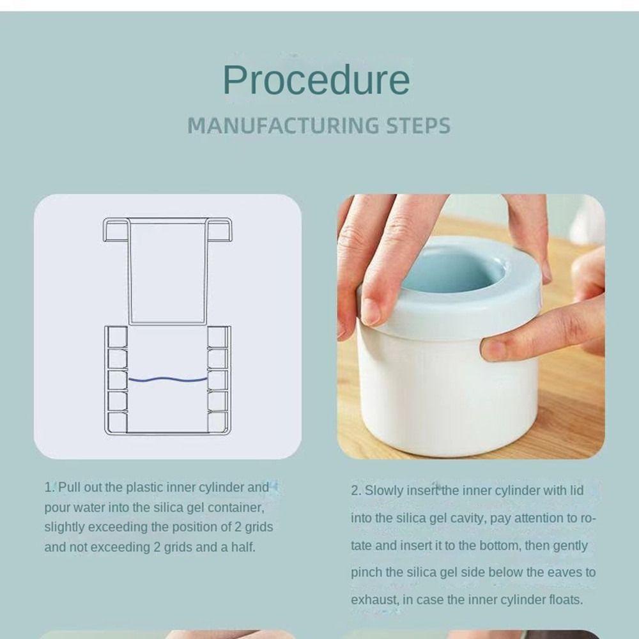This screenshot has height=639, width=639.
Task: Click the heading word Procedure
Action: tap(316, 81)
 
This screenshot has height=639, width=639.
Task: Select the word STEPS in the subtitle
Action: tap(419, 125)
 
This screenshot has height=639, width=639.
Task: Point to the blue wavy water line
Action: tap(168, 380)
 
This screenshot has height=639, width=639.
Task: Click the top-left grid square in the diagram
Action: tap(118, 337)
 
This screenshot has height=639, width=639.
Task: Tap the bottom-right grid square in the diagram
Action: tap(217, 422)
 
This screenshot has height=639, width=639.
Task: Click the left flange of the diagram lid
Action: tap(116, 229)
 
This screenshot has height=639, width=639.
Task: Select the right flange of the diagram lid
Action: tap(219, 229)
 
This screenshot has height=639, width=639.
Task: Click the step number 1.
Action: tap(49, 488)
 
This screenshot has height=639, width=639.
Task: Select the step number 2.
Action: tap(356, 491)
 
